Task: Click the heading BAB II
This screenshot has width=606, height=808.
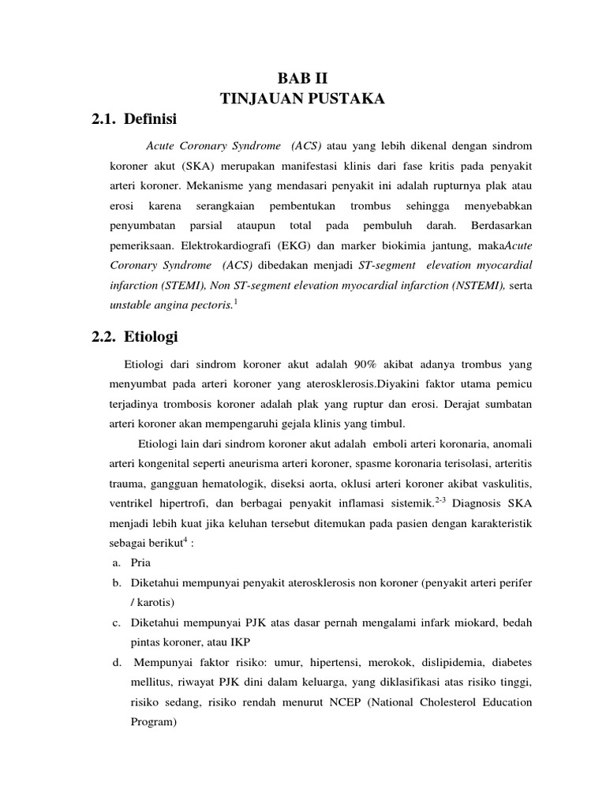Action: [x=302, y=77]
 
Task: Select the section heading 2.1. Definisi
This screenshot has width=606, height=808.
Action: [x=135, y=120]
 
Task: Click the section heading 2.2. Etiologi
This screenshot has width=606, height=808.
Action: [x=135, y=337]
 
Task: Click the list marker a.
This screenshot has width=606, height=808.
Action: [x=115, y=563]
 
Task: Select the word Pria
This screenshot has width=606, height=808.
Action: [x=140, y=563]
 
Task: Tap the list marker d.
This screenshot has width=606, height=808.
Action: [x=115, y=661]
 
